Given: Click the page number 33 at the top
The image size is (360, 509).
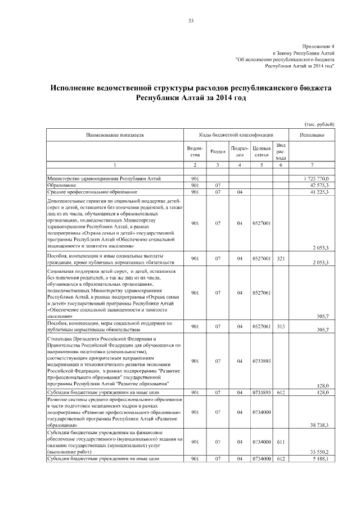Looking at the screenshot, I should [x=191, y=21].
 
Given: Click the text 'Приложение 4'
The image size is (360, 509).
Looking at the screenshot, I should [x=318, y=46].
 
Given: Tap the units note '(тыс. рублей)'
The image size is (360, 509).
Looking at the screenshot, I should [x=319, y=124].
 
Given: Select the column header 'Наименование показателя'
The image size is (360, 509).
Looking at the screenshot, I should [x=115, y=135].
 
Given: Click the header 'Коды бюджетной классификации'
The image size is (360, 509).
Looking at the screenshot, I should [x=236, y=135].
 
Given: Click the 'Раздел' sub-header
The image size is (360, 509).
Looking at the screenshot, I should [x=218, y=151].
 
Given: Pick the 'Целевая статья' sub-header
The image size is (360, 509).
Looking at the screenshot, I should [x=262, y=151].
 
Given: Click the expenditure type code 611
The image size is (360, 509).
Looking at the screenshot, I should [x=281, y=443].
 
